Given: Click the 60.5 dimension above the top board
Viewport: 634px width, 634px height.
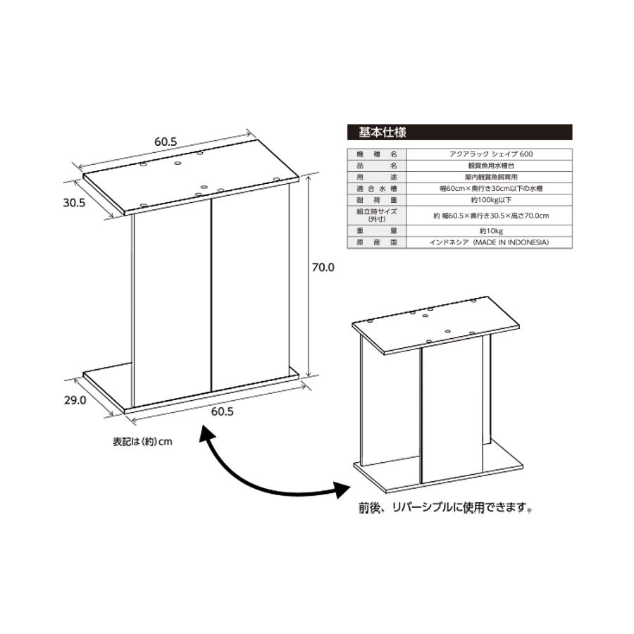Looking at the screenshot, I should click(x=166, y=141).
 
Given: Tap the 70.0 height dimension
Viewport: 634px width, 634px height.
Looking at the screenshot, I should click(x=323, y=268).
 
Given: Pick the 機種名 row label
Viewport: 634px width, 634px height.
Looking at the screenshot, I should click(x=378, y=154).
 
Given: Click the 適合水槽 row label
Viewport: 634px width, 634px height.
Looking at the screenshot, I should click(x=378, y=189).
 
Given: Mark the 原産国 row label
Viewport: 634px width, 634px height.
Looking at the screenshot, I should click(x=378, y=242).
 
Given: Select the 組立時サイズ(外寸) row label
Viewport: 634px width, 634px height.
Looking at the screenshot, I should click(x=378, y=215).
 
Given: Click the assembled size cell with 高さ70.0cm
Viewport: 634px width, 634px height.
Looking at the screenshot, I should click(x=490, y=215).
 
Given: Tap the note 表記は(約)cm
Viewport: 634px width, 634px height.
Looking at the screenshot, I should click(x=143, y=442).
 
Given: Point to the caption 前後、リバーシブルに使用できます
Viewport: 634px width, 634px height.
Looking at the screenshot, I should click(x=445, y=506).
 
